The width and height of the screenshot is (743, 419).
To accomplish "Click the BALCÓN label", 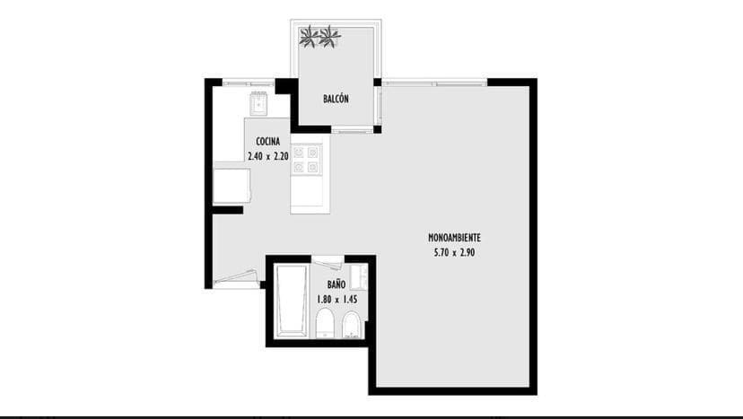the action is click(x=336, y=99).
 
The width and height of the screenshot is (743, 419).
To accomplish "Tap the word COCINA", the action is click(x=267, y=141).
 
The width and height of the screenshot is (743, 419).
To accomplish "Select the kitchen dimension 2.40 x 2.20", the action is click(x=268, y=156).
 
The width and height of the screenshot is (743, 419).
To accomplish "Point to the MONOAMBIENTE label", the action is click(x=454, y=238).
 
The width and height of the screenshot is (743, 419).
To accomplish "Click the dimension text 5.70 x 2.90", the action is click(x=454, y=253).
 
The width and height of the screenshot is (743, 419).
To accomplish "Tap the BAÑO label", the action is click(x=336, y=284).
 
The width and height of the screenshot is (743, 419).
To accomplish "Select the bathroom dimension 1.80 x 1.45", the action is click(x=337, y=300).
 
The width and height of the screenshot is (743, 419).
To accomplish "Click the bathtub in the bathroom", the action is click(x=292, y=301).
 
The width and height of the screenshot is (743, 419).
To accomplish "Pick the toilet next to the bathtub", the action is click(x=325, y=324).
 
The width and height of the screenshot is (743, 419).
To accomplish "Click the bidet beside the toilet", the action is click(x=352, y=325).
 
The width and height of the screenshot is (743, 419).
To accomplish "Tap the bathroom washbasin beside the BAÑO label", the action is click(x=359, y=277).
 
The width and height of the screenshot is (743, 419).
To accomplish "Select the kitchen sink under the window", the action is click(x=258, y=103).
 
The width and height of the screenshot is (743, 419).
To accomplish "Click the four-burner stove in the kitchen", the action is click(x=306, y=160).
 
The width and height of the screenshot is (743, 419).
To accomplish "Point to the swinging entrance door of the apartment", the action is click(x=236, y=278).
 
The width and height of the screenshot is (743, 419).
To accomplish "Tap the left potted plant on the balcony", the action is click(x=310, y=37).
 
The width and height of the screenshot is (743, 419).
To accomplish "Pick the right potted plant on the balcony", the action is click(x=329, y=37).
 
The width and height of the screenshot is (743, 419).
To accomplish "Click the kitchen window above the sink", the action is click(x=249, y=83).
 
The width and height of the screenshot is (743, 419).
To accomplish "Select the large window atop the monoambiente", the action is click(x=434, y=83).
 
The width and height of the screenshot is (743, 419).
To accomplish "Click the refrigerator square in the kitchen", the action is click(x=232, y=186).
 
